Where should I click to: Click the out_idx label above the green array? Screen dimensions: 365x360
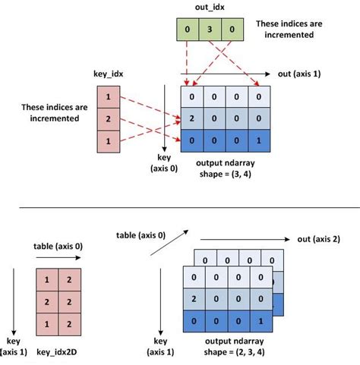tap(209, 8)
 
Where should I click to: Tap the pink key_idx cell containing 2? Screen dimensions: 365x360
tap(109, 118)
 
